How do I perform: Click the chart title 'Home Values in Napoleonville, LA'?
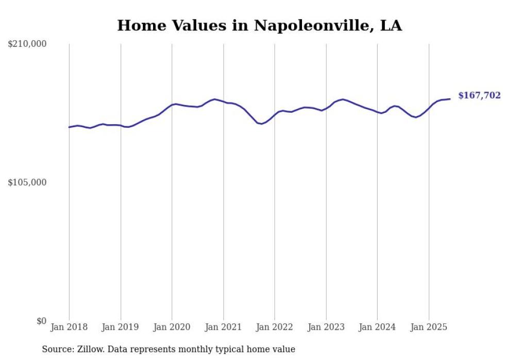259,25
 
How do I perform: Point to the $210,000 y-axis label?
27,44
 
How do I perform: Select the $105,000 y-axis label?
27,182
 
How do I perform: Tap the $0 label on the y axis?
41,321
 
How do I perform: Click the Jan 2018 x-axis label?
69,327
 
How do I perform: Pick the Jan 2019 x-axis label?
121,327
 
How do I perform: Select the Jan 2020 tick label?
172,327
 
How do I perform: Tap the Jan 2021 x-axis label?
223,327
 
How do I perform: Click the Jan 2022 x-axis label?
275,327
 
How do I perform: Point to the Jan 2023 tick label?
326,327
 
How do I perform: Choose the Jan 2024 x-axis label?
377,327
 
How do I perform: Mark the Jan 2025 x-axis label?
429,327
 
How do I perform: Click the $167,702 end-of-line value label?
479,95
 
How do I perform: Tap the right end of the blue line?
450,99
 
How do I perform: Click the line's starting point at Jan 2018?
69,127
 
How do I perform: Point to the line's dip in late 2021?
261,124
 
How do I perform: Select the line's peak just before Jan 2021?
214,99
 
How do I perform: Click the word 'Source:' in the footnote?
56,350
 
